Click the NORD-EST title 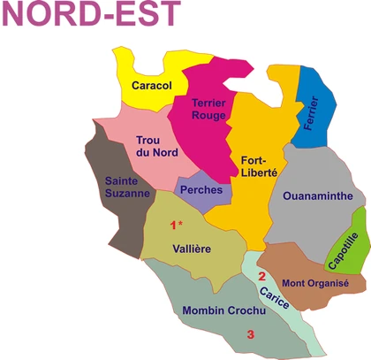point(90,15)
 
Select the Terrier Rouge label point(209,111)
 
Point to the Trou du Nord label point(156,146)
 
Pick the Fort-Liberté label point(259,166)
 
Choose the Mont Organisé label point(315,283)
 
